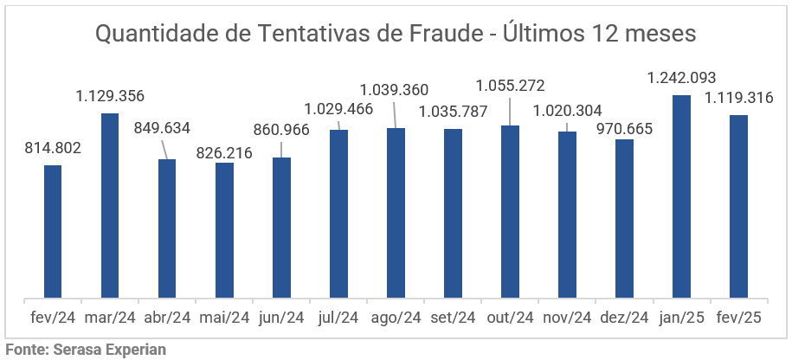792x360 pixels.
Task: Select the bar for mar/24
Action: (110, 206)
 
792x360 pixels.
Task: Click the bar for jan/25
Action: (681, 197)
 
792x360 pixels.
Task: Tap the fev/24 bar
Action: (53, 232)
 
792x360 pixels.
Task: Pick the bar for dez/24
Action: (624, 219)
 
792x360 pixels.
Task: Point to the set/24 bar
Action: (453, 214)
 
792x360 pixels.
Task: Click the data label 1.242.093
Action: (681, 78)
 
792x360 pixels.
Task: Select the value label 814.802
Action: (53, 148)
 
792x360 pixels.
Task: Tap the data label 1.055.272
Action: (511, 86)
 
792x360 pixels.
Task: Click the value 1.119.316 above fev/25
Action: (738, 98)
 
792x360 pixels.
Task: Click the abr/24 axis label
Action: (167, 318)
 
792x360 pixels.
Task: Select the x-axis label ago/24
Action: (396, 318)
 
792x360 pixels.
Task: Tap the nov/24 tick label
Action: (567, 318)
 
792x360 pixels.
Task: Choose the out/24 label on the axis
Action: (510, 318)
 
